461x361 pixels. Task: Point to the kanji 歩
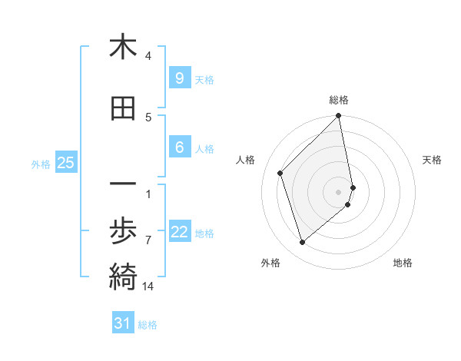point(123,230)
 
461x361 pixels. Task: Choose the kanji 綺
point(123,274)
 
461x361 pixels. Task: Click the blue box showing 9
point(179,78)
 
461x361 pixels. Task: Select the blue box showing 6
point(179,147)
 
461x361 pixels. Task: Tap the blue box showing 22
point(179,232)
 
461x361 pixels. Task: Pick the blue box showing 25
point(65,163)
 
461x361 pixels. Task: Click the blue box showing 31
point(123,323)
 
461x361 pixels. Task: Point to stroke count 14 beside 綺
point(148,286)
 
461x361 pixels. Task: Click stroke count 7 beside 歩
point(148,240)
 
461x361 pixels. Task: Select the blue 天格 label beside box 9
point(204,80)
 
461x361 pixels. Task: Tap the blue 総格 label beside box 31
point(148,325)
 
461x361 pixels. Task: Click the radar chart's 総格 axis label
point(339,100)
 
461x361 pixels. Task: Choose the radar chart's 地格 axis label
point(403,263)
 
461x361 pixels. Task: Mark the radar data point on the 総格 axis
point(339,117)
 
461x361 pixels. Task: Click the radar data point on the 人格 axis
point(280,173)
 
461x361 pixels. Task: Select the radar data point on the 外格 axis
point(303,243)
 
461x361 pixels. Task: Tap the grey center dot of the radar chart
point(339,191)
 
